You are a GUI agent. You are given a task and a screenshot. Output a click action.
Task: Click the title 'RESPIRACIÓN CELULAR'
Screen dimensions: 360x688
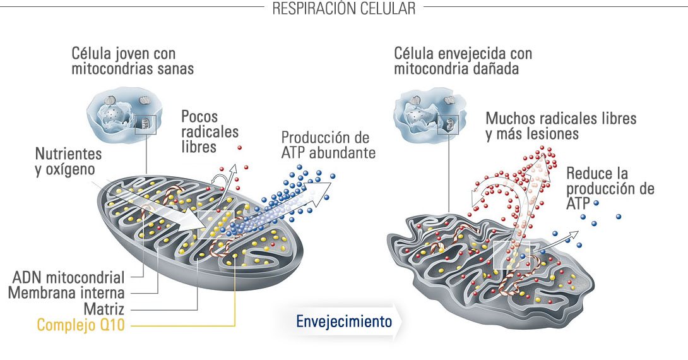pos(343,9)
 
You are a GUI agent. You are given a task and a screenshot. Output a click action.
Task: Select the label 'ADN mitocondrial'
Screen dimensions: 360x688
pos(68,278)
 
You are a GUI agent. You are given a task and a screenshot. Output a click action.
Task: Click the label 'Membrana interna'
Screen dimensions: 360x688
pos(66,293)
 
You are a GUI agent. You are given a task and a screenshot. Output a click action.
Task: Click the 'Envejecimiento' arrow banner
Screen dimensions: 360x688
pos(345,321)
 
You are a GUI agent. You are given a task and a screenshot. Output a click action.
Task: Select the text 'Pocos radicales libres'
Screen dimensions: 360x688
pos(210,131)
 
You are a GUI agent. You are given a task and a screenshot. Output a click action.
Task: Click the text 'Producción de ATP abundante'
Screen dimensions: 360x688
pos(328,145)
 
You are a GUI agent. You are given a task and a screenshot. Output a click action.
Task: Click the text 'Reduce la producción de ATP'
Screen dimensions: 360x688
pos(609,188)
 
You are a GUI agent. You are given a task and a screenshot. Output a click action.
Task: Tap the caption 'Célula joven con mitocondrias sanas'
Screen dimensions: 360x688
pos(133,61)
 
